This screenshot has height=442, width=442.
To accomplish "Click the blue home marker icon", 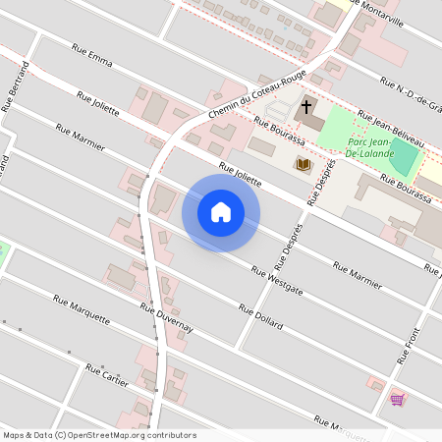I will pos(221,211).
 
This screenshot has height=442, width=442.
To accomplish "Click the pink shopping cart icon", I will pos(397,399).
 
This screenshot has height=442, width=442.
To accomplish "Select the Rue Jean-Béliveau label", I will pos(391,128).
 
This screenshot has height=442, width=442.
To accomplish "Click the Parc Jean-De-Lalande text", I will pos(370,147).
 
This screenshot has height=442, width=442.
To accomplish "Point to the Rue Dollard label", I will pos(261,316).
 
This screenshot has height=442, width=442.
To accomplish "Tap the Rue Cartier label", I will pos(107,376).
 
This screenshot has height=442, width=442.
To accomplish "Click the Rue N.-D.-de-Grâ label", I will pos(412,94).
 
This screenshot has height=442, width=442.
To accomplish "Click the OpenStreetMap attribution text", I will pos(99,435).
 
